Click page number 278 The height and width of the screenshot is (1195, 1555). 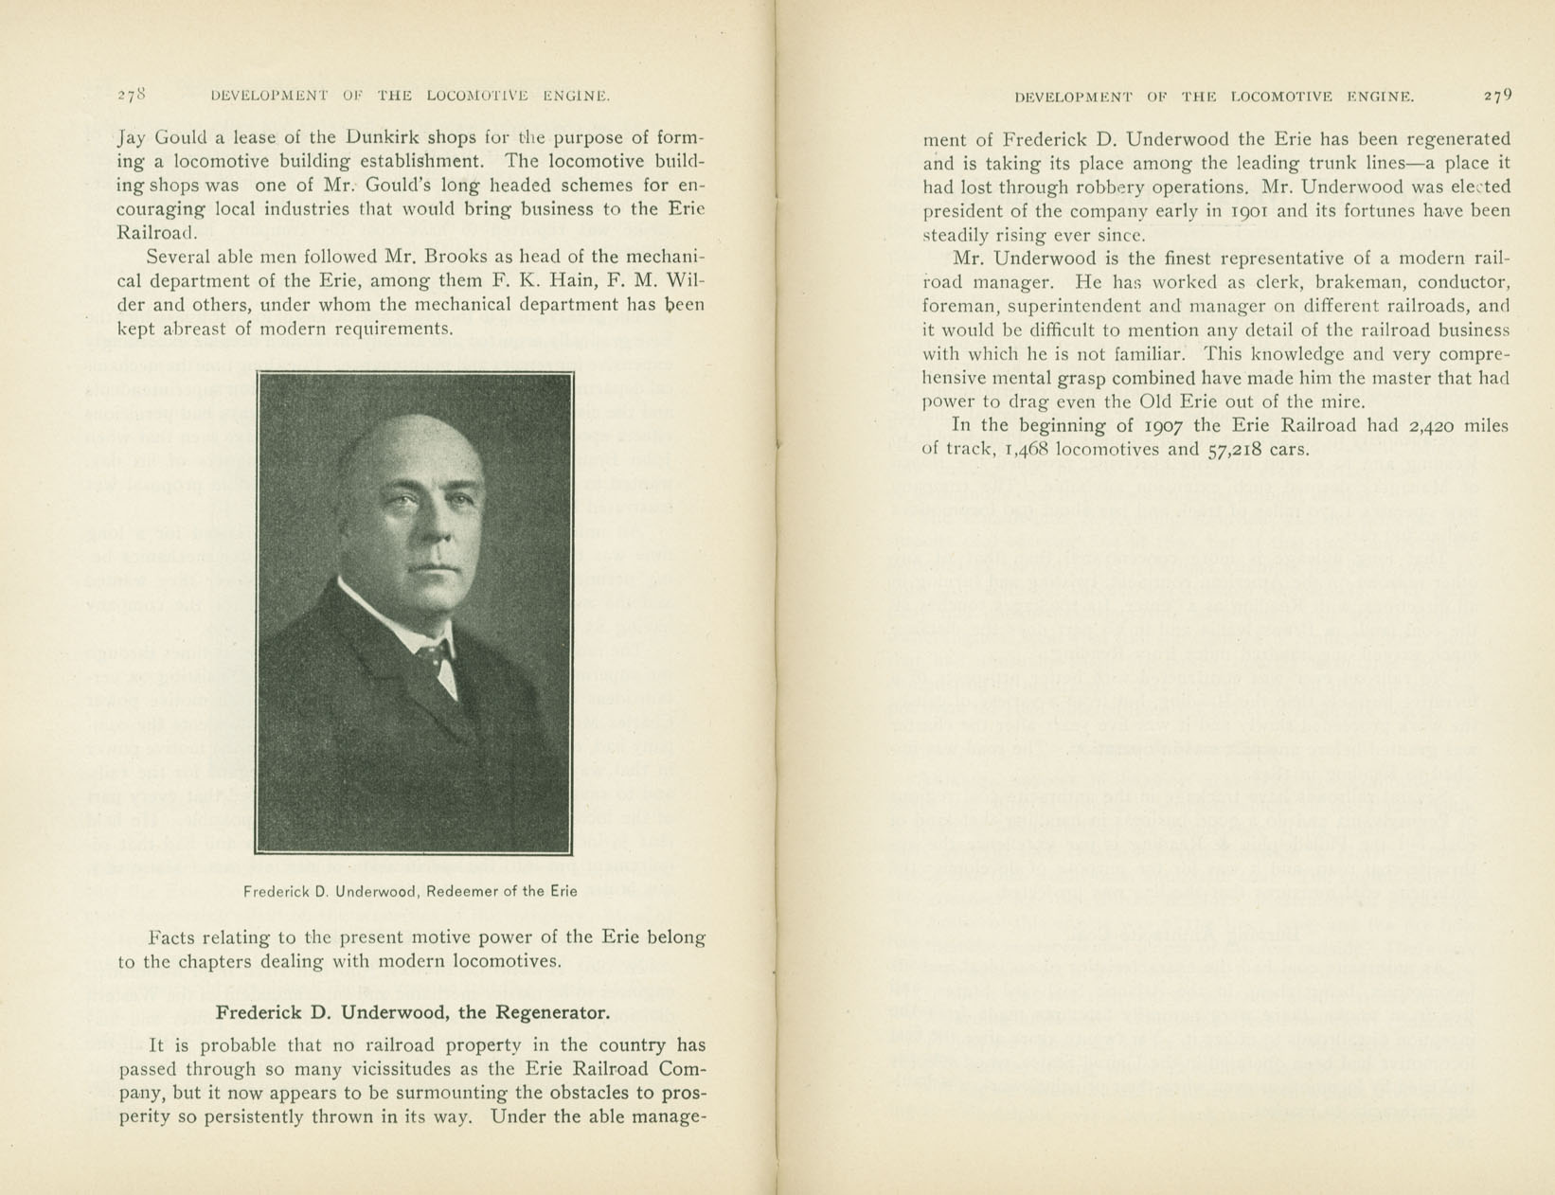point(131,95)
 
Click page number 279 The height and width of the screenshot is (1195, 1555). point(1498,95)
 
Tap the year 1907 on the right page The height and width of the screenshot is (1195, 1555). point(1153,425)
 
